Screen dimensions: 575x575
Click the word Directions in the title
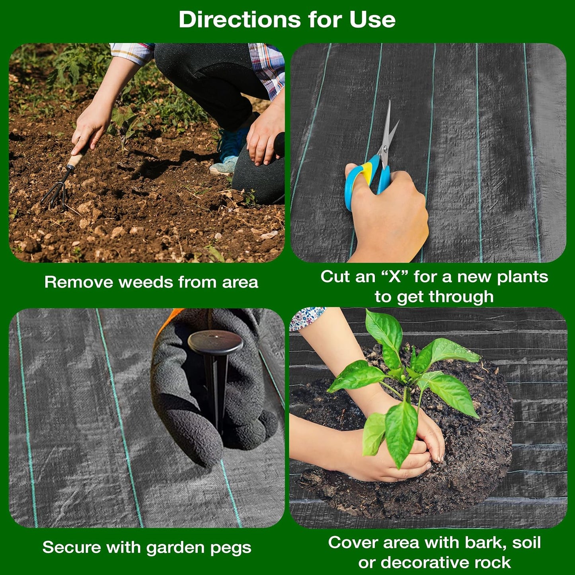[240, 19]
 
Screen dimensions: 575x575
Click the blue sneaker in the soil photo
[230, 149]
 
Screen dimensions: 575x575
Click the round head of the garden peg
[215, 342]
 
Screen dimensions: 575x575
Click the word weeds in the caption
[146, 282]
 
